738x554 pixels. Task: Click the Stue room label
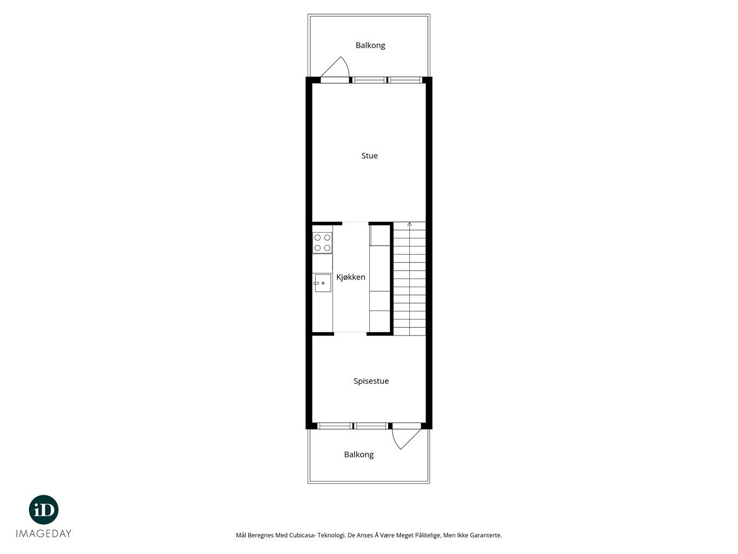click(x=369, y=156)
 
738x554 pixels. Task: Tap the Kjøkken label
click(x=351, y=277)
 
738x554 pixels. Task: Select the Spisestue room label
click(x=371, y=381)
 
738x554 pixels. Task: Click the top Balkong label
click(x=370, y=45)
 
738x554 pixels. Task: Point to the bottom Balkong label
click(x=359, y=455)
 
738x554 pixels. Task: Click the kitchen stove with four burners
click(x=322, y=242)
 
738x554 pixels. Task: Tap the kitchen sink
click(x=323, y=283)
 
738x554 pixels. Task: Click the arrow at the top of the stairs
click(x=409, y=225)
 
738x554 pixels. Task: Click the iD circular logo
click(x=44, y=510)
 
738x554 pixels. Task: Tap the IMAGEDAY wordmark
click(x=44, y=533)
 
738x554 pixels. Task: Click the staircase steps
click(x=409, y=279)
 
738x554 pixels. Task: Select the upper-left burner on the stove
click(x=317, y=238)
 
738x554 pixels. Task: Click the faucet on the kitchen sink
click(x=316, y=283)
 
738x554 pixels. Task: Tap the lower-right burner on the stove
click(x=327, y=248)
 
